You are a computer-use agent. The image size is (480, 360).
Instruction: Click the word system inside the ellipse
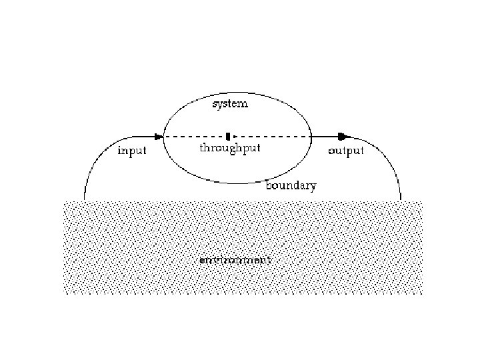[x=229, y=104]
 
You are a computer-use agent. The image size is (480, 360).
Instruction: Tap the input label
[x=131, y=151]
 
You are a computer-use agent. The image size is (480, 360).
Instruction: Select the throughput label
[x=229, y=148]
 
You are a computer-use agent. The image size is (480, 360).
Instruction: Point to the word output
[x=346, y=151]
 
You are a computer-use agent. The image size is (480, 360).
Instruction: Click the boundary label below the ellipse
[x=291, y=186]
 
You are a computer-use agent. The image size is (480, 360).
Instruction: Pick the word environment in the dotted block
[x=235, y=260]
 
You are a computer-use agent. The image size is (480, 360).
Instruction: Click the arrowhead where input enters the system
[x=159, y=137]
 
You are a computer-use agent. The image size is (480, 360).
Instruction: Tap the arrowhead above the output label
[x=343, y=137]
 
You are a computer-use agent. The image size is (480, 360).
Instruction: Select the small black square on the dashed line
[x=228, y=137]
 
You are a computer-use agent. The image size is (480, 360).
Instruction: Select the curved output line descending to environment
[x=387, y=160]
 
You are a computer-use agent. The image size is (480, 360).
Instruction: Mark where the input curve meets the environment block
[x=85, y=199]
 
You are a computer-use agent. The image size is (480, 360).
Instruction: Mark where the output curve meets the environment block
[x=401, y=199]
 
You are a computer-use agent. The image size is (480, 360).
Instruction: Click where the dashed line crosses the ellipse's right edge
[x=311, y=137]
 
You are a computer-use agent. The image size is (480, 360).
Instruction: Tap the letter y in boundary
[x=313, y=187]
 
